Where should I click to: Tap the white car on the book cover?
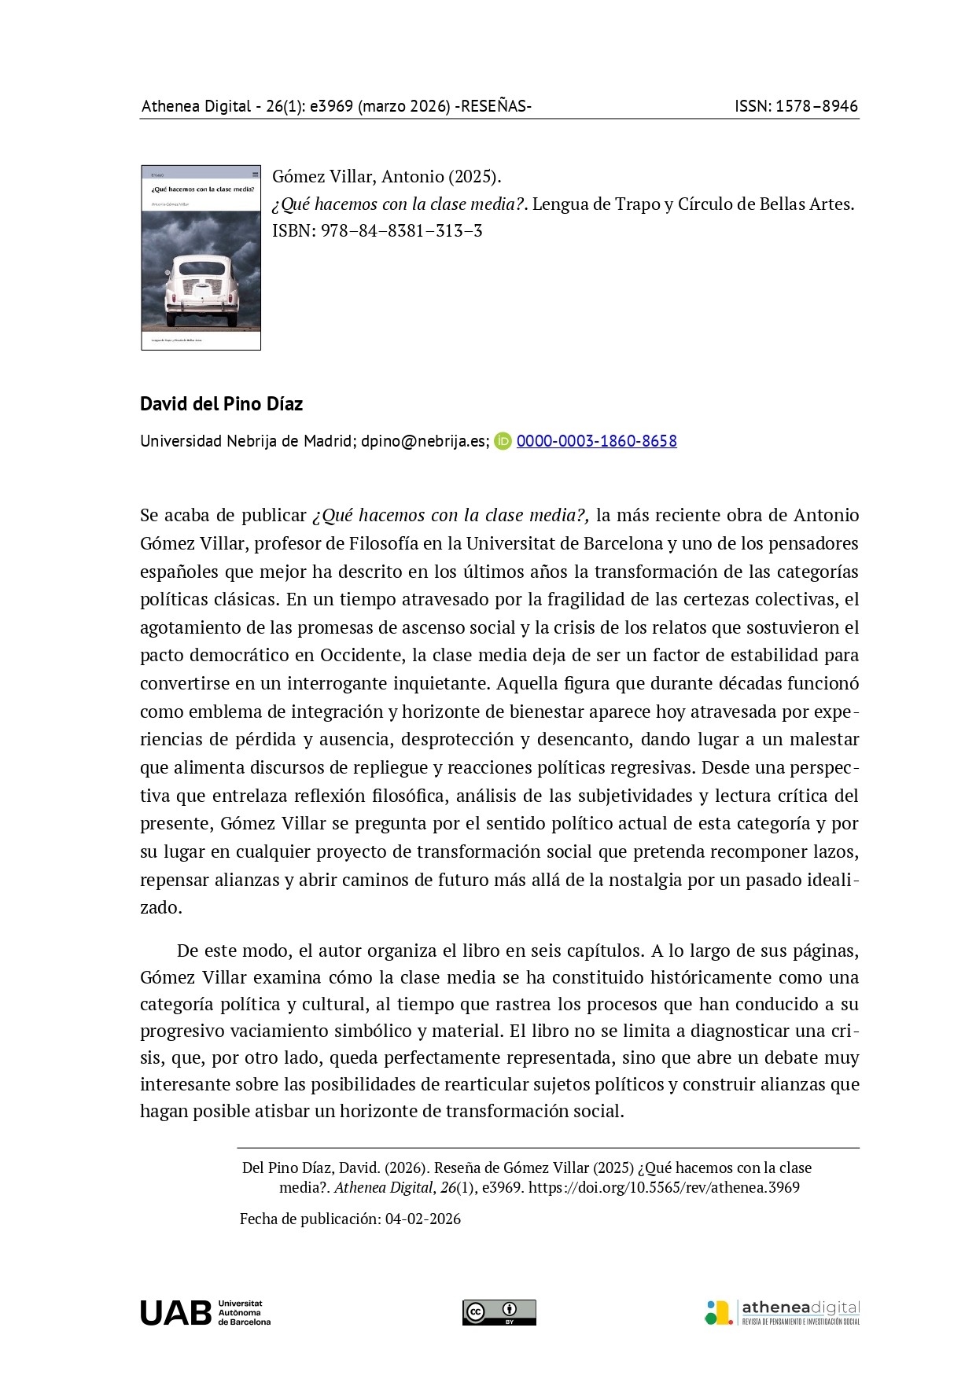coord(201,291)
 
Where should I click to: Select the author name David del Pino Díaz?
coord(221,404)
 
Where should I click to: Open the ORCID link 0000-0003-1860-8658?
coord(596,441)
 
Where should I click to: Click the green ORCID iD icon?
coord(503,441)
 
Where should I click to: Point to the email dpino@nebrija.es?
coord(425,441)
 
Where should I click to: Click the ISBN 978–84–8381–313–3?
coord(401,231)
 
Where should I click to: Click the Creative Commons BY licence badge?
coord(499,1312)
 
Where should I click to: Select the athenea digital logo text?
coord(800,1307)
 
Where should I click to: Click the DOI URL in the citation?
coord(664,1187)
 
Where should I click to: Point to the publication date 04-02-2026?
coord(422,1219)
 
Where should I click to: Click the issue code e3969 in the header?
coord(331,106)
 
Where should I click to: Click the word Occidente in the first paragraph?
coord(359,655)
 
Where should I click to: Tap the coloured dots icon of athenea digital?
coord(718,1312)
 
